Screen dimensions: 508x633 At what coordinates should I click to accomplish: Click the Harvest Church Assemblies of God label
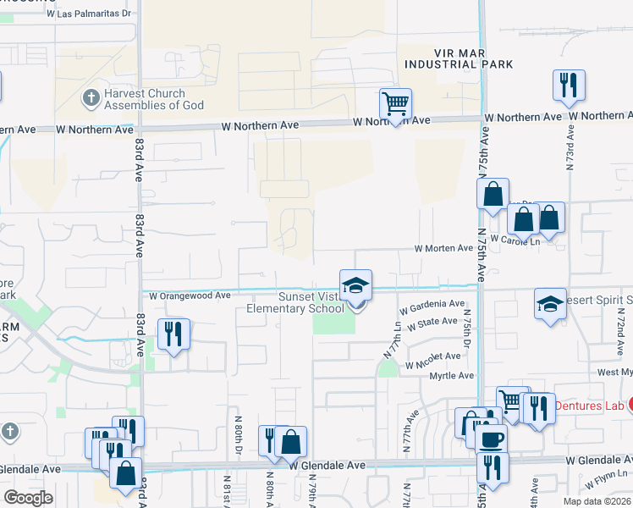[155, 99]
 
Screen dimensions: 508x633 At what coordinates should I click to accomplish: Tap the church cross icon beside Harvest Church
[91, 98]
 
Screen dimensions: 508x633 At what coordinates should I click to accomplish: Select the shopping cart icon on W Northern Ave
[395, 104]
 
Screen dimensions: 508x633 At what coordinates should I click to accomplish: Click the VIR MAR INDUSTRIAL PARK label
[460, 58]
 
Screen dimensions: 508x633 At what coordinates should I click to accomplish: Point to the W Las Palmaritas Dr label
[90, 14]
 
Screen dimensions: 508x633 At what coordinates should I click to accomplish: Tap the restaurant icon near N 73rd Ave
[569, 86]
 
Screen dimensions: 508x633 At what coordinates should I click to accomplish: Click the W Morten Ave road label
[443, 248]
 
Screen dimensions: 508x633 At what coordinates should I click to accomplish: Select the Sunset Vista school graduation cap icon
[356, 285]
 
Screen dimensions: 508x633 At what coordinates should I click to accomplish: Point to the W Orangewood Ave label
[190, 296]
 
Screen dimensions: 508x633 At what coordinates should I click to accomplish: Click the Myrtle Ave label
[454, 375]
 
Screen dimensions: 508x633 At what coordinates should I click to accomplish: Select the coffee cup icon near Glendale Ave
[491, 439]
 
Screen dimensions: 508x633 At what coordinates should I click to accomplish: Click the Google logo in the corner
[28, 497]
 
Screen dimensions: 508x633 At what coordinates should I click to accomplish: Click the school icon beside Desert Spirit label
[550, 305]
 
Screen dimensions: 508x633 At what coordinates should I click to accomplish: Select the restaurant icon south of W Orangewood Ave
[173, 334]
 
